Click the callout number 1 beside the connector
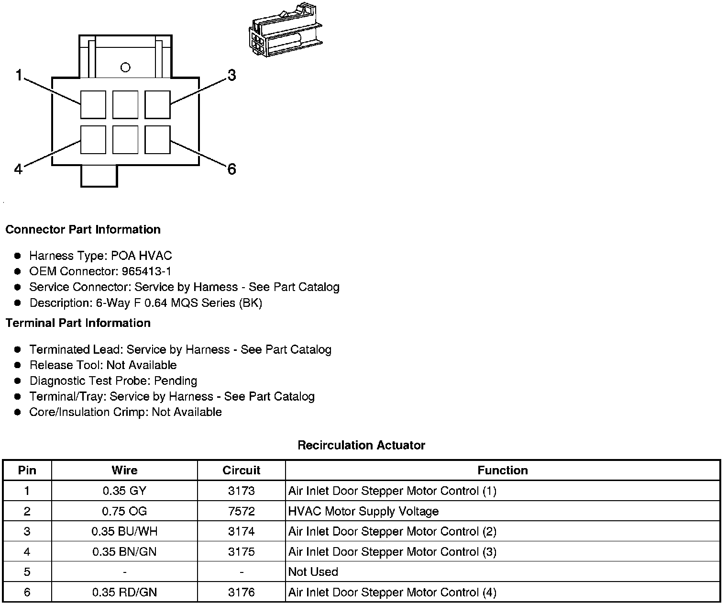(19, 75)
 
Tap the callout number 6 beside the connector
(231, 169)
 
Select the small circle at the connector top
(125, 67)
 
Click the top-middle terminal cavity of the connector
(125, 104)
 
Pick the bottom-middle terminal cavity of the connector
(125, 140)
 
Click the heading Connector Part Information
(83, 230)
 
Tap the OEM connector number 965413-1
(146, 271)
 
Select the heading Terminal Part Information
(78, 323)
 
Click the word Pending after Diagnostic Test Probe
(176, 381)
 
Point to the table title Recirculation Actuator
(361, 445)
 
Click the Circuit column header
(241, 470)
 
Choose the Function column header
(502, 470)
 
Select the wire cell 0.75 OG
(124, 511)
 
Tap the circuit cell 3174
(241, 531)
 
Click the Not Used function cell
(313, 572)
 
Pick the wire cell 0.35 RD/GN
(124, 592)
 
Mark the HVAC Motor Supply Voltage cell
(363, 511)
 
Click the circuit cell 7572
(241, 511)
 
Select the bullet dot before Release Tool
(18, 365)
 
